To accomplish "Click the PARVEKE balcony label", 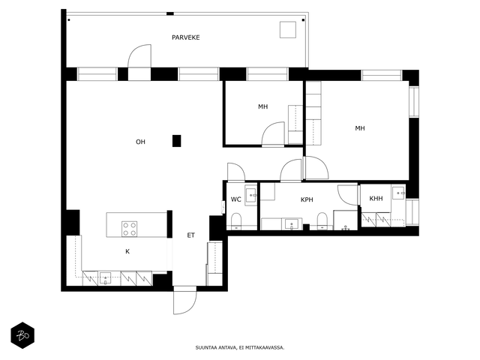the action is coord(185,37).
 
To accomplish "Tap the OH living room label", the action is coord(140,142).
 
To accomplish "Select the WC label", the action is coord(235,199).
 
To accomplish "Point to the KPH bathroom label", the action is coord(307,199).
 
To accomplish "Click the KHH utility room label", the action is coord(376,198).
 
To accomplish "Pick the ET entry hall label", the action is coord(190,235).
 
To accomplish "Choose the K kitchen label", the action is coord(127,251).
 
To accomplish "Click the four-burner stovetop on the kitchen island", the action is coord(129,229).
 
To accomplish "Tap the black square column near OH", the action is coord(176,141).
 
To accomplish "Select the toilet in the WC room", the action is coord(236,221).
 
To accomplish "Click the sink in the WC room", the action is coord(251,195).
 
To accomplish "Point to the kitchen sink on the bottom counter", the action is coord(106,278).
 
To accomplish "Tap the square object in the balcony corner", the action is coord(288,30).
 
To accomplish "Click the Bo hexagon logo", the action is coord(22,335).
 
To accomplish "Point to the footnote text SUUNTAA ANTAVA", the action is coord(215,348).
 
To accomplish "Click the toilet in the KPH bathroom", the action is coord(322,220).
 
